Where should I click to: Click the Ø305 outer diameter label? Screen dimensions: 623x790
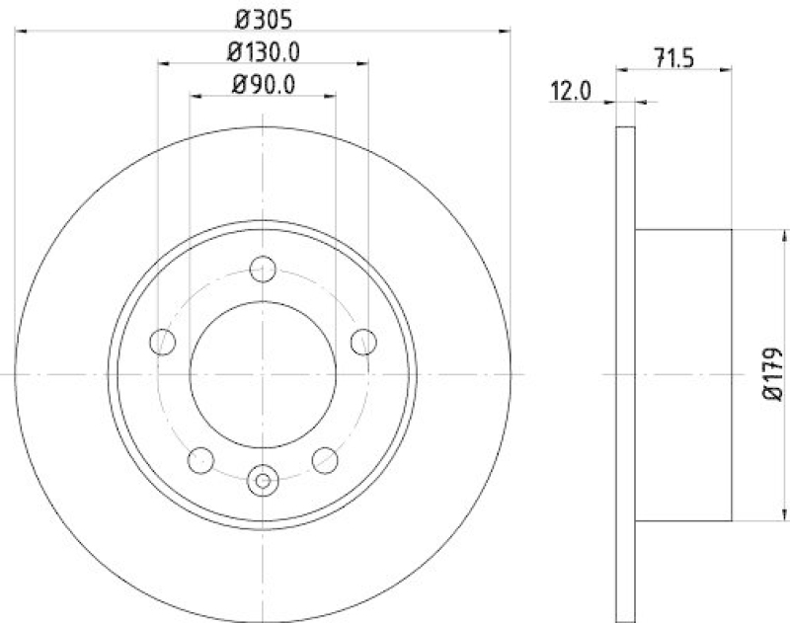coord(263,17)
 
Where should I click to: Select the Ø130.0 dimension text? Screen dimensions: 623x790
coord(263,50)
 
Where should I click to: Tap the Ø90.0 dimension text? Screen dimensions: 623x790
coord(263,85)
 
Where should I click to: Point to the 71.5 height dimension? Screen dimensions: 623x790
coord(675,57)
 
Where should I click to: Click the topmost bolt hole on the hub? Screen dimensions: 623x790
coord(263,268)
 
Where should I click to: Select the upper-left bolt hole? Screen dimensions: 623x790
coord(162,342)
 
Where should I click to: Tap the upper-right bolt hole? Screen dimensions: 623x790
coord(363,342)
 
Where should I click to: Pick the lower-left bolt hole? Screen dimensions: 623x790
coord(200,458)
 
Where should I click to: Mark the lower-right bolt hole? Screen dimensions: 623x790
coord(325,458)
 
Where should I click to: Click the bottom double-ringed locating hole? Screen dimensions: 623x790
coord(263,481)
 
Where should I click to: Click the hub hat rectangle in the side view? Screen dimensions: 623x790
coord(683,374)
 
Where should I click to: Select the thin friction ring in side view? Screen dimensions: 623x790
coord(625,374)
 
